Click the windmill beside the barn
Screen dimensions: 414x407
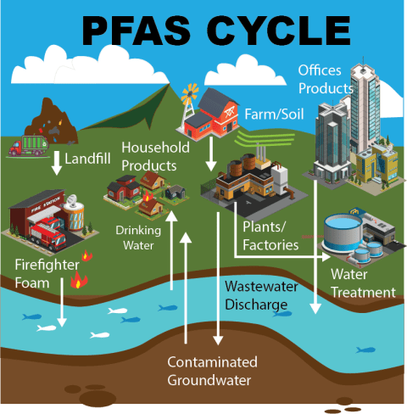click(187, 97)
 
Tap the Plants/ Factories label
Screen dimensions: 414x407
click(270, 237)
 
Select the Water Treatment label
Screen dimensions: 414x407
click(363, 283)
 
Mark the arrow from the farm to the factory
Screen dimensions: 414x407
click(209, 154)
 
